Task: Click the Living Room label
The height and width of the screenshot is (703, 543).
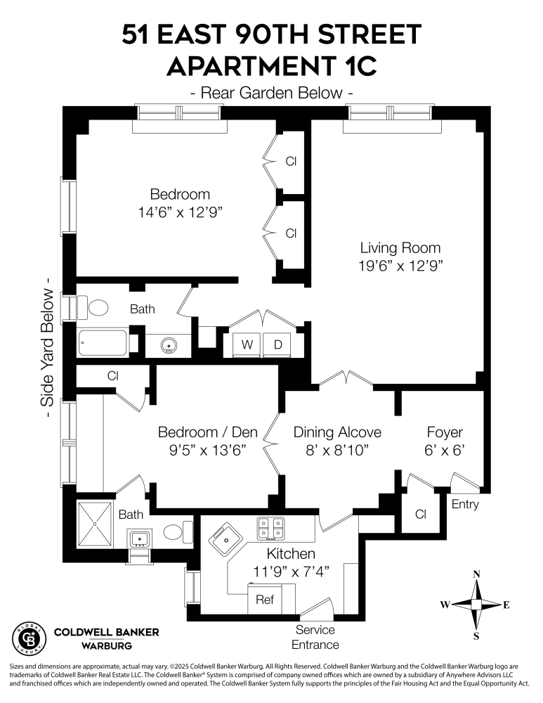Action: click(400, 247)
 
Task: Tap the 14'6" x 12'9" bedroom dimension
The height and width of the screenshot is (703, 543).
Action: click(180, 211)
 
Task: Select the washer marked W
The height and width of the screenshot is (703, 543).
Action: click(247, 344)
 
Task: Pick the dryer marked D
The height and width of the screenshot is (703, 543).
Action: click(278, 344)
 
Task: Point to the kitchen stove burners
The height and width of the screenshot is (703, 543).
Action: click(271, 527)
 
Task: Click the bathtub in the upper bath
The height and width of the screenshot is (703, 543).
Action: click(103, 343)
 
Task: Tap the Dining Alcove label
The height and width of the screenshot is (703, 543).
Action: click(337, 432)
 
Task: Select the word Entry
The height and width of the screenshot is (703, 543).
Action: click(465, 504)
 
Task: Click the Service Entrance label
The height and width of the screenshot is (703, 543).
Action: click(315, 637)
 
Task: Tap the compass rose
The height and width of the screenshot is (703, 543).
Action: click(476, 604)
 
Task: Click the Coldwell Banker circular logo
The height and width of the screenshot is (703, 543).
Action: click(28, 638)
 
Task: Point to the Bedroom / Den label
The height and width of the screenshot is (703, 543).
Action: click(207, 432)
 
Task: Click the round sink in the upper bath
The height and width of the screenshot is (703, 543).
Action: click(169, 345)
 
